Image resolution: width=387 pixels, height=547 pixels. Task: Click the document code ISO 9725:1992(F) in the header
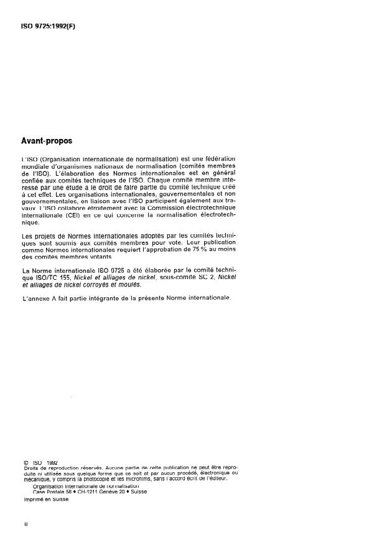pos(49,26)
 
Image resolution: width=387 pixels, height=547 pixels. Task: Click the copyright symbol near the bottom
pos(24,462)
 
